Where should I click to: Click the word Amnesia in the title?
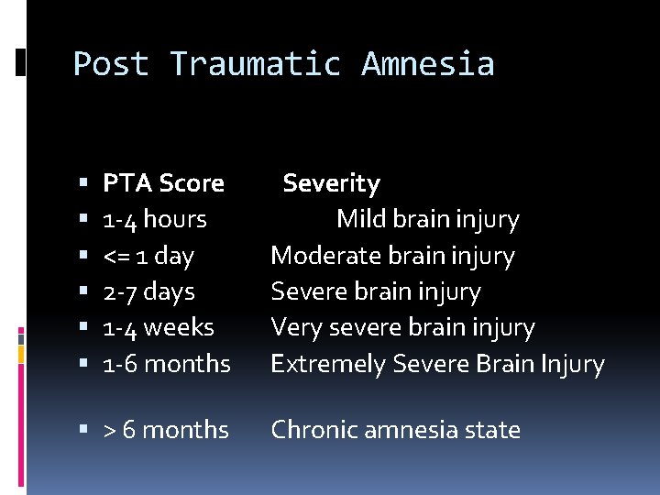coord(427,64)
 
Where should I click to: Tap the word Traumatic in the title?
coord(256,64)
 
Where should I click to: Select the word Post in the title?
coord(111,64)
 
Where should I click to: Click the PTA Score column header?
coord(163,183)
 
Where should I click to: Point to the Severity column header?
coord(331,183)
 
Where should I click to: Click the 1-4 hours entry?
coord(155,219)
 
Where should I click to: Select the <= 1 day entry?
coord(148,256)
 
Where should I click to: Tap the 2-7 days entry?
coord(148,291)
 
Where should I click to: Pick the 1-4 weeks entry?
coord(159,327)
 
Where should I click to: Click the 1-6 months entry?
coord(167,364)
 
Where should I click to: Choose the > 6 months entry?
coord(166,430)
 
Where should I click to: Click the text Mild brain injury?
coord(427,219)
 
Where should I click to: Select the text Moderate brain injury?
coord(392,256)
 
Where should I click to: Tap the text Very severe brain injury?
coord(402,327)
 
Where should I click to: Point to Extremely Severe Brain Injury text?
coord(437,364)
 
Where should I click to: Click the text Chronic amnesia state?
coord(395,430)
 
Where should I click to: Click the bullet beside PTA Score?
coord(83,184)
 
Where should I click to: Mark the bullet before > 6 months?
coord(83,431)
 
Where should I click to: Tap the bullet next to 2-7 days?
coord(83,292)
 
